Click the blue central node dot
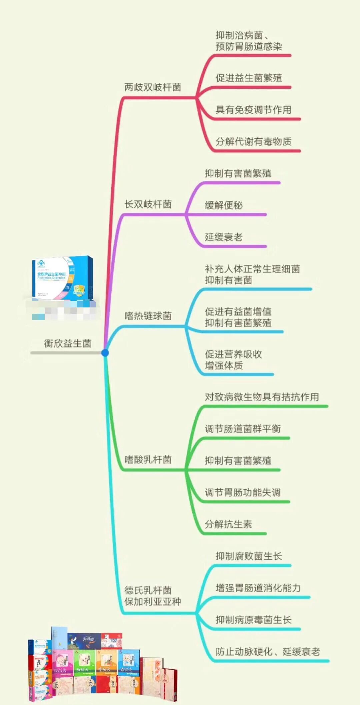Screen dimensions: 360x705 (x=105, y=352)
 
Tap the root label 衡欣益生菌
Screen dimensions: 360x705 (x=68, y=343)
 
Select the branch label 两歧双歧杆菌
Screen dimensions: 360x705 (x=153, y=87)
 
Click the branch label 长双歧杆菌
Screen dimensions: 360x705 (x=148, y=204)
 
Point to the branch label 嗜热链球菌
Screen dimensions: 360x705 (x=148, y=315)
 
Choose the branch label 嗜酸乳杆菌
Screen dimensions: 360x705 (x=148, y=460)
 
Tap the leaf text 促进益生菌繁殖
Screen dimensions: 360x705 (x=249, y=78)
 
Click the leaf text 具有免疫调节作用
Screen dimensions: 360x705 (x=253, y=110)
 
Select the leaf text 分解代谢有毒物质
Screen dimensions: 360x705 (x=253, y=142)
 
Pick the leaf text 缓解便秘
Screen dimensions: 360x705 (x=224, y=205)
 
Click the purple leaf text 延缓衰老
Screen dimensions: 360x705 (x=224, y=237)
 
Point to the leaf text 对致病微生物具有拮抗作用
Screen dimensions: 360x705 (x=262, y=397)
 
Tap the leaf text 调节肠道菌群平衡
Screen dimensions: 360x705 (x=243, y=429)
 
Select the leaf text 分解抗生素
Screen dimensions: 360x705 (x=228, y=524)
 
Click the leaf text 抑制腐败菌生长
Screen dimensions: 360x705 (x=249, y=556)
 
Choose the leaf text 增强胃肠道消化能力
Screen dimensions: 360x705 (x=258, y=588)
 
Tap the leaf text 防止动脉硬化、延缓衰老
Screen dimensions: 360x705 (x=268, y=652)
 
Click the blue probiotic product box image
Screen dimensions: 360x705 (x=63, y=277)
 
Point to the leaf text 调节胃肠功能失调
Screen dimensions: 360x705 (x=243, y=493)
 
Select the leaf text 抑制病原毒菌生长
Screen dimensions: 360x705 (x=253, y=620)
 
